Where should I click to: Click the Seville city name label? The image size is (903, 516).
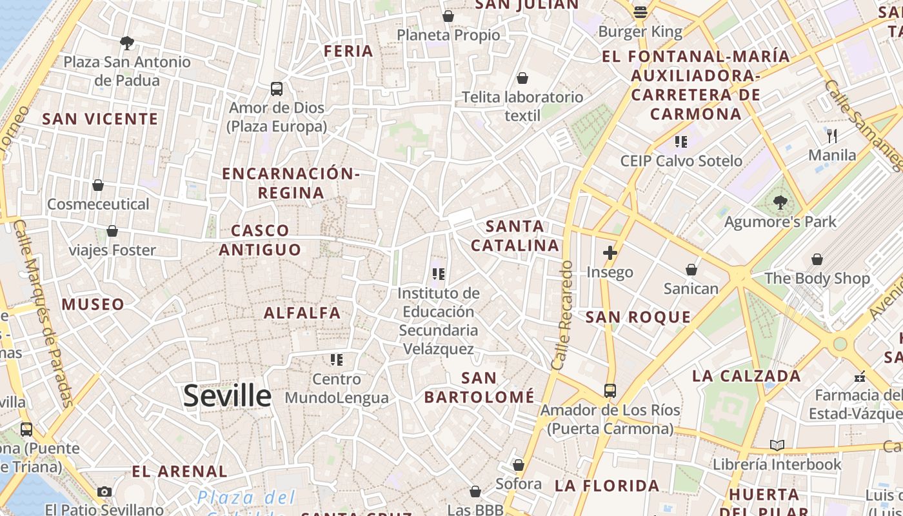pyautogui.click(x=227, y=395)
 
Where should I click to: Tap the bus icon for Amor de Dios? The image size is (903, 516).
pyautogui.click(x=277, y=89)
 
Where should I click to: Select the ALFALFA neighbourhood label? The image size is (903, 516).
pyautogui.click(x=302, y=313)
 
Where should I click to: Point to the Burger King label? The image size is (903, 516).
pyautogui.click(x=640, y=32)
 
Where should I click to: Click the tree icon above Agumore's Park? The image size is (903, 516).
pyautogui.click(x=780, y=203)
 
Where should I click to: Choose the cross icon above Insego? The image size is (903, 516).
pyautogui.click(x=610, y=253)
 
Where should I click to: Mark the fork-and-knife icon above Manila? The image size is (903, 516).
pyautogui.click(x=832, y=136)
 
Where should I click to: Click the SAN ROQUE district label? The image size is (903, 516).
pyautogui.click(x=638, y=317)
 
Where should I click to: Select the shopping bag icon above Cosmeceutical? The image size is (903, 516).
pyautogui.click(x=98, y=186)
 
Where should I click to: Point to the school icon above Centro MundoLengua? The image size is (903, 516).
pyautogui.click(x=336, y=359)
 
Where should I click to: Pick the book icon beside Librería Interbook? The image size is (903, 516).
pyautogui.click(x=777, y=446)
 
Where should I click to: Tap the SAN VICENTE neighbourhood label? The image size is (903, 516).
pyautogui.click(x=100, y=119)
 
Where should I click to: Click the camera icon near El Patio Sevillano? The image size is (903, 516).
pyautogui.click(x=104, y=491)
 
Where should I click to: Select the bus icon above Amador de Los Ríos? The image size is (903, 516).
pyautogui.click(x=610, y=391)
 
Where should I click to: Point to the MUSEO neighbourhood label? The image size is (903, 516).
pyautogui.click(x=93, y=304)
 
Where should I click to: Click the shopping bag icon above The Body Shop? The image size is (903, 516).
pyautogui.click(x=817, y=259)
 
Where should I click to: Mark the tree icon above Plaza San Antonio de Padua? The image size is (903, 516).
pyautogui.click(x=127, y=43)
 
